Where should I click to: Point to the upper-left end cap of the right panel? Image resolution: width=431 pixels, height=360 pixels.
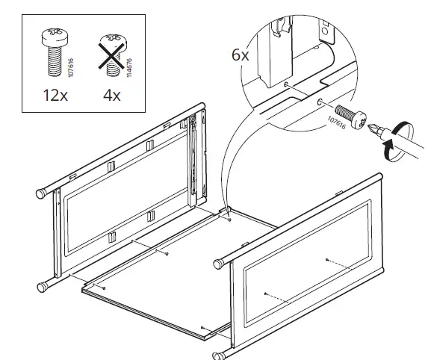click(219, 264)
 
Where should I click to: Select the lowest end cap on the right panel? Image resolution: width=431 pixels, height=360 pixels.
click(219, 355)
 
